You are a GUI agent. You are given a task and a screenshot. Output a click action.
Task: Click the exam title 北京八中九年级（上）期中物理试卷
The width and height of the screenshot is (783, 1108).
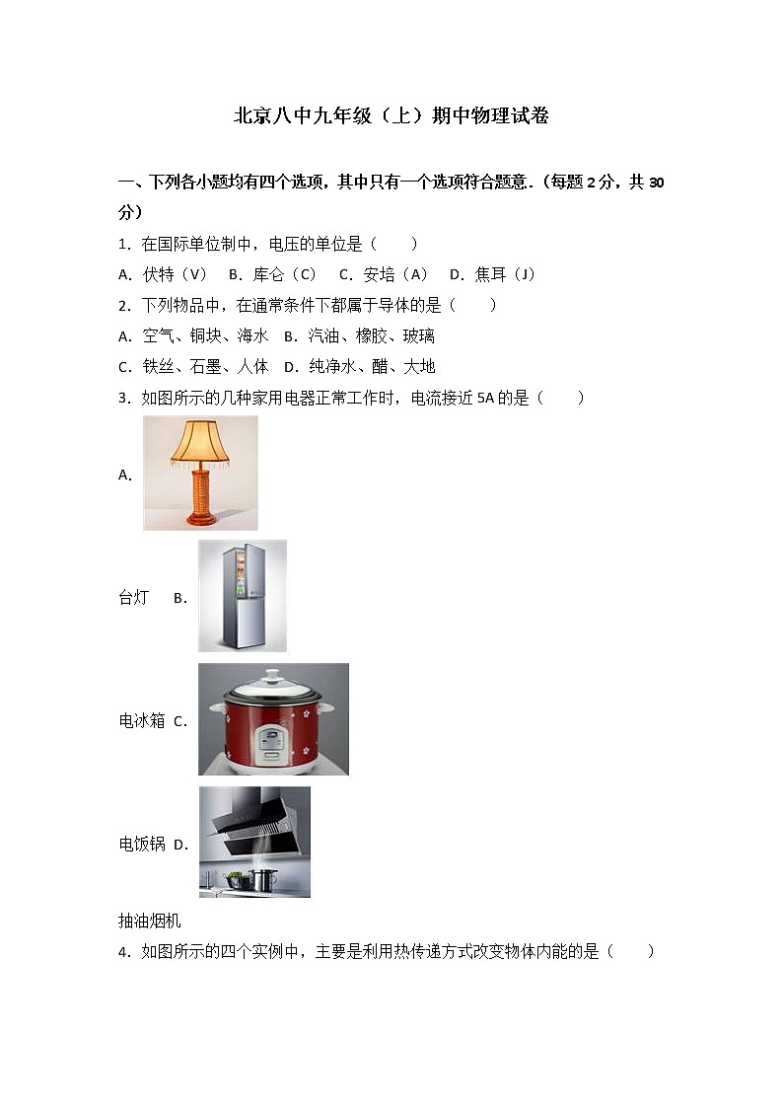point(391,116)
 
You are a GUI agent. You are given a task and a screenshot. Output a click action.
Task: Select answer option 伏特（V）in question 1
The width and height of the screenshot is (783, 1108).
point(175,274)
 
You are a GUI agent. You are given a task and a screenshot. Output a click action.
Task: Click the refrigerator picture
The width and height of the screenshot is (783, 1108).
point(242,596)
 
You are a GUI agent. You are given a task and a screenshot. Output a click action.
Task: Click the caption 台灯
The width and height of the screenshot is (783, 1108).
point(133,597)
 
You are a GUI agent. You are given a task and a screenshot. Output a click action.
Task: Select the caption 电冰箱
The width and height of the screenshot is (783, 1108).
point(141,720)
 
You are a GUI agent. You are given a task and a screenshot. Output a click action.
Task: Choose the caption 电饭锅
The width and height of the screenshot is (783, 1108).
point(141,844)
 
